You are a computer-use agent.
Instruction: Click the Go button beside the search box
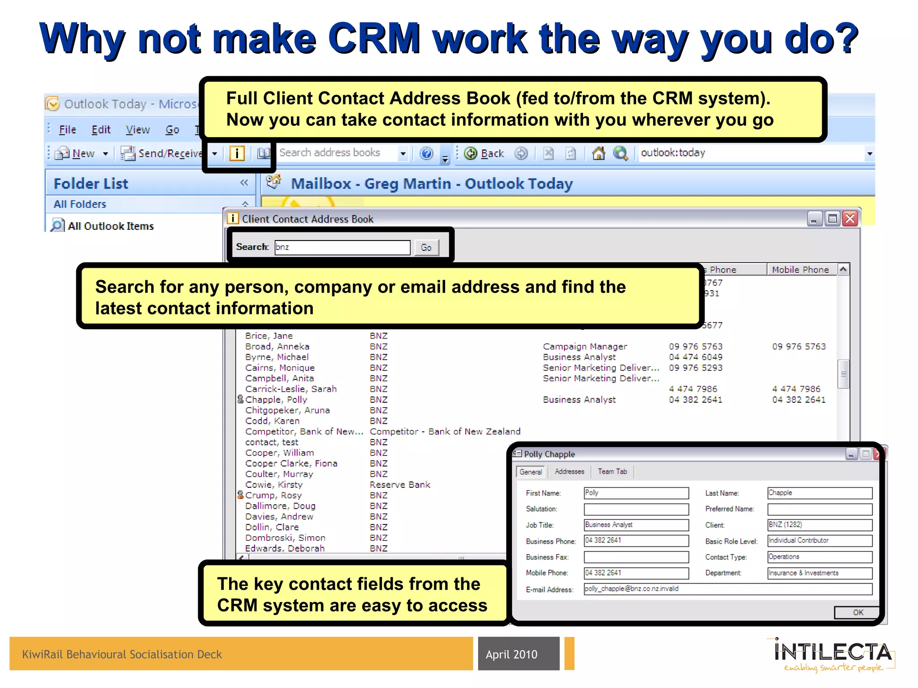click(x=426, y=247)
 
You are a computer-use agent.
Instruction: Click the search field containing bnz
click(x=342, y=247)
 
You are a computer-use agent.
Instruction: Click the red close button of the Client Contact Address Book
click(x=850, y=219)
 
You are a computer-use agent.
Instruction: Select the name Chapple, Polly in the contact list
click(x=276, y=400)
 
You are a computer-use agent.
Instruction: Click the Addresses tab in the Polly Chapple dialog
click(x=569, y=472)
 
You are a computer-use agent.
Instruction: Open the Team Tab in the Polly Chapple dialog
click(x=612, y=472)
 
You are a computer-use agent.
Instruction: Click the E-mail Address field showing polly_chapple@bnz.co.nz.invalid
click(x=727, y=589)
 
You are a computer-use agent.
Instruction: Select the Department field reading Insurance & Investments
click(x=819, y=573)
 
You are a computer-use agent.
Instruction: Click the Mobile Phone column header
click(x=800, y=270)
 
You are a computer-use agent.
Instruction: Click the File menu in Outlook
click(x=67, y=130)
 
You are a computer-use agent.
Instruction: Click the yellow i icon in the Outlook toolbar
click(x=237, y=154)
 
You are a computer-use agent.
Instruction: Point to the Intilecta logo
click(x=833, y=654)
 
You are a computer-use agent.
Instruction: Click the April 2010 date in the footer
click(x=511, y=654)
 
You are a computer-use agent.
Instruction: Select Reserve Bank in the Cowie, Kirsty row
click(x=400, y=485)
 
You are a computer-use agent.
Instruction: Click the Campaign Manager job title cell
click(x=585, y=347)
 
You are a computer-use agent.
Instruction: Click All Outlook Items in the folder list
click(x=110, y=226)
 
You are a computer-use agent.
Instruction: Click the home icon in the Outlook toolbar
click(x=598, y=154)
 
